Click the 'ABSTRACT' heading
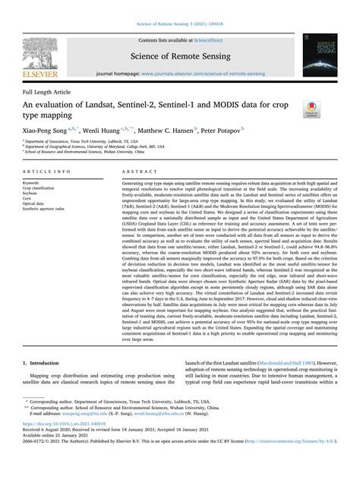(x=139, y=172)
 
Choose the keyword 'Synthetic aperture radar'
(x=54, y=210)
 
